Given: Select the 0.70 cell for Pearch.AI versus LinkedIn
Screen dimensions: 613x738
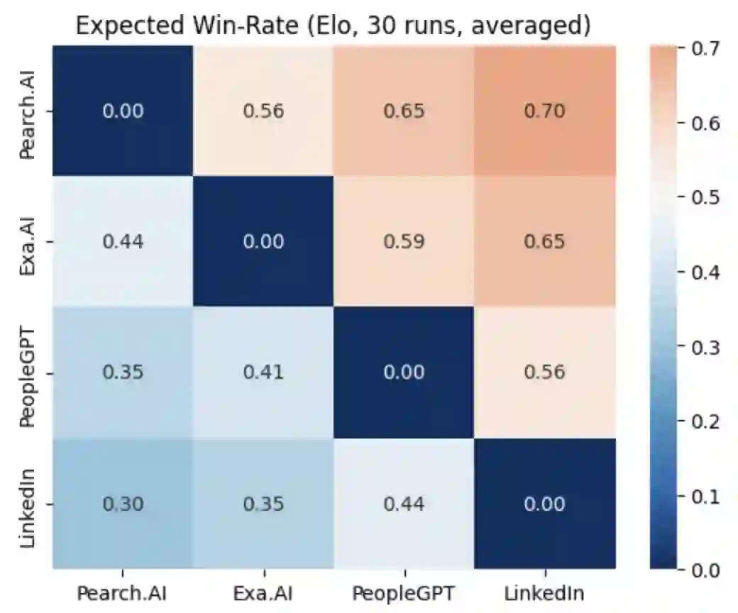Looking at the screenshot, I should [545, 111].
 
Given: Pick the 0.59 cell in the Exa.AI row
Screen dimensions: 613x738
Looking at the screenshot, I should [404, 242].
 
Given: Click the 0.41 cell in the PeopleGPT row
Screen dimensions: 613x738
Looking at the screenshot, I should [263, 372].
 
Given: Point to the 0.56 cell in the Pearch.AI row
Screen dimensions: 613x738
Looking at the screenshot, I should [263, 111].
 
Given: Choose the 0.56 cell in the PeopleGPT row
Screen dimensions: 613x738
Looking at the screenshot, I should [545, 372].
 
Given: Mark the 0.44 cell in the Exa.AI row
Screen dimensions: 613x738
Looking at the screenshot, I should [123, 242].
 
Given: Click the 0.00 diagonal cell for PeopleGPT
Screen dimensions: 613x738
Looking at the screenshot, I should [404, 372].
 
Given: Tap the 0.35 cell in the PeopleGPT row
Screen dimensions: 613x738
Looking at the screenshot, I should [123, 372].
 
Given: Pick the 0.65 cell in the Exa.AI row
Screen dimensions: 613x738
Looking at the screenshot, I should [545, 242].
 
